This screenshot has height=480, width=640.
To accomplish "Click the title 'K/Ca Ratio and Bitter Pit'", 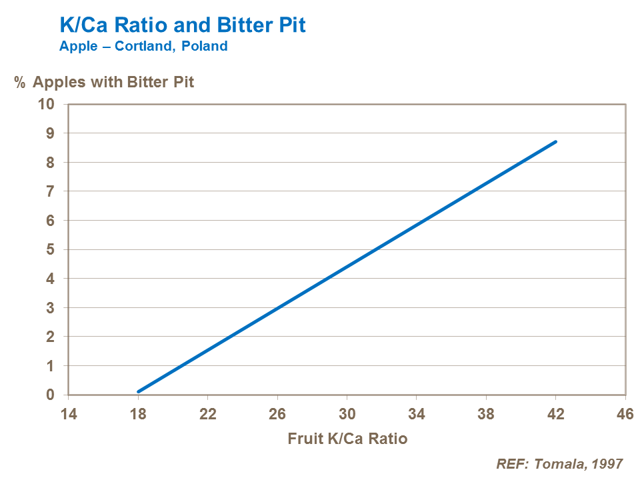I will [183, 26].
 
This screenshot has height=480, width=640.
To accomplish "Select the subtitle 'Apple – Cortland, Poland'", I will [143, 47].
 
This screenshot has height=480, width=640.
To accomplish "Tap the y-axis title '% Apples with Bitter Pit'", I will [105, 83].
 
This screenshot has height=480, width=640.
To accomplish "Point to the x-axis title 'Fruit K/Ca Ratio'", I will [347, 439].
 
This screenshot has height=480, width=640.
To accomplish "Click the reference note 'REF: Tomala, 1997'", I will [560, 464].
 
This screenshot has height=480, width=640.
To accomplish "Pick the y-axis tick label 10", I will [48, 104].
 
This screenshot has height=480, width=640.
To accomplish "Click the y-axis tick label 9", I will [51, 133].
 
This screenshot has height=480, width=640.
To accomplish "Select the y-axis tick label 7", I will [51, 191].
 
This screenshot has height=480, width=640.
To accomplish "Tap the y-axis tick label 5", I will [51, 249].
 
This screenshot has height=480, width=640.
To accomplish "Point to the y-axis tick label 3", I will [51, 308].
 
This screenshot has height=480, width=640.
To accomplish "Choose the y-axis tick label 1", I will [51, 366].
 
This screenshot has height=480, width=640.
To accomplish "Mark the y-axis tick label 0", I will [51, 395].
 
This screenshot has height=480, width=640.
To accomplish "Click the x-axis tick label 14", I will [69, 414].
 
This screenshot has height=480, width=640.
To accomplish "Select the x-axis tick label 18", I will [138, 414].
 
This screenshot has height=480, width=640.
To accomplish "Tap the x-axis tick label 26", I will [277, 414].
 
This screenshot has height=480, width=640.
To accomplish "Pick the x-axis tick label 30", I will [347, 414].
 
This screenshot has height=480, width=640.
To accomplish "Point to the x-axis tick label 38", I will [486, 414].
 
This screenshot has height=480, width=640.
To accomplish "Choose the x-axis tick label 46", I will [625, 414].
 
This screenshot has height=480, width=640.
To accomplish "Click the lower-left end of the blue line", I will [139, 391].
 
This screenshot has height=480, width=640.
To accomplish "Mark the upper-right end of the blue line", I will [555, 141].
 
